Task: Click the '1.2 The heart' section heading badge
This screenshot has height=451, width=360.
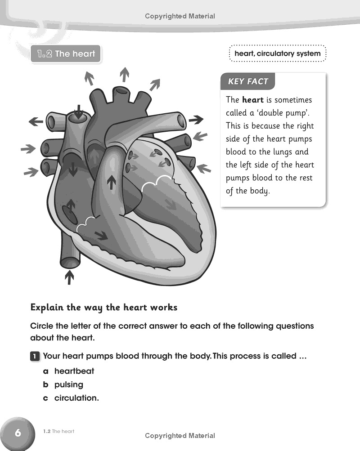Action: coord(66,54)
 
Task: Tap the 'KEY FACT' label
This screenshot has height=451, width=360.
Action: coord(248,81)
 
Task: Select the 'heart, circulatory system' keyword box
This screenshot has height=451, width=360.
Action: coord(277,54)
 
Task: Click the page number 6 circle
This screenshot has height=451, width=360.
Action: coord(18,433)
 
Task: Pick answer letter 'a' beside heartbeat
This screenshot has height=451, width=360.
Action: coord(45,371)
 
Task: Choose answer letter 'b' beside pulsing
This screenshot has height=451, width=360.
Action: coord(45,385)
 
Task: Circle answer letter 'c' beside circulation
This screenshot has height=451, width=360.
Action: coord(45,398)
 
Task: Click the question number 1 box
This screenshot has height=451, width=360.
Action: coord(35,357)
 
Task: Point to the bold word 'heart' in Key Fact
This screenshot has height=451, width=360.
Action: coord(252,100)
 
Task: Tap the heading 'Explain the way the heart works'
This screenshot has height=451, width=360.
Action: coord(104,308)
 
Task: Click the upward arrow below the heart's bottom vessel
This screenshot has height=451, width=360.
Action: coord(69,277)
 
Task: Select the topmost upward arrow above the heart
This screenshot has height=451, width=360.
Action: coord(125,73)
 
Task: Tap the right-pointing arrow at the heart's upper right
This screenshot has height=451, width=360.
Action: coord(196,120)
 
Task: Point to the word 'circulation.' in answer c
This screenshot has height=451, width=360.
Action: coord(76,398)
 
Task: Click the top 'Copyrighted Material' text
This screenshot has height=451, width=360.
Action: coord(180,16)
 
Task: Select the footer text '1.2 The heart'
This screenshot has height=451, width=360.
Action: coord(59,432)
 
